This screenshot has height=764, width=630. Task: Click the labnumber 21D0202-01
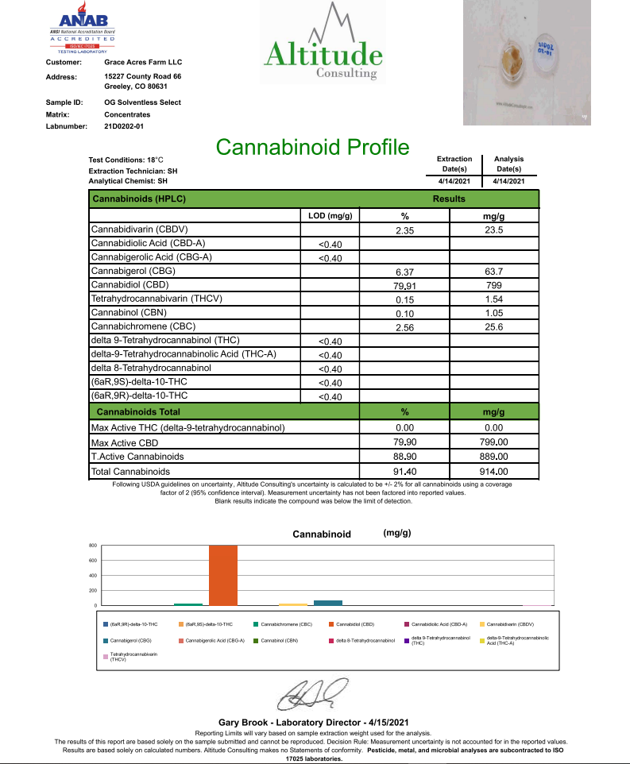click(124, 125)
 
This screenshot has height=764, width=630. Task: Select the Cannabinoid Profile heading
click(312, 148)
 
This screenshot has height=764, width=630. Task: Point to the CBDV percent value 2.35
click(405, 230)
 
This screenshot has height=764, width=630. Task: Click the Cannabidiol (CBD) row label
click(129, 284)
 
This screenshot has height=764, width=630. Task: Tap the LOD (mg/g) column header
click(329, 216)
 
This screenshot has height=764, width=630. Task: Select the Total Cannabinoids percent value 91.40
click(405, 472)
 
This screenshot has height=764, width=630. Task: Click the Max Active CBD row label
click(125, 442)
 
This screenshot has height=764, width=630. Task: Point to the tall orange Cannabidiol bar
click(223, 575)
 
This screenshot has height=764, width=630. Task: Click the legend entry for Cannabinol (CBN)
click(279, 640)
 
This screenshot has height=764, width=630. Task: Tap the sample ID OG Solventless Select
click(142, 102)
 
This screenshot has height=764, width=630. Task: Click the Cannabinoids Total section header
click(138, 412)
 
